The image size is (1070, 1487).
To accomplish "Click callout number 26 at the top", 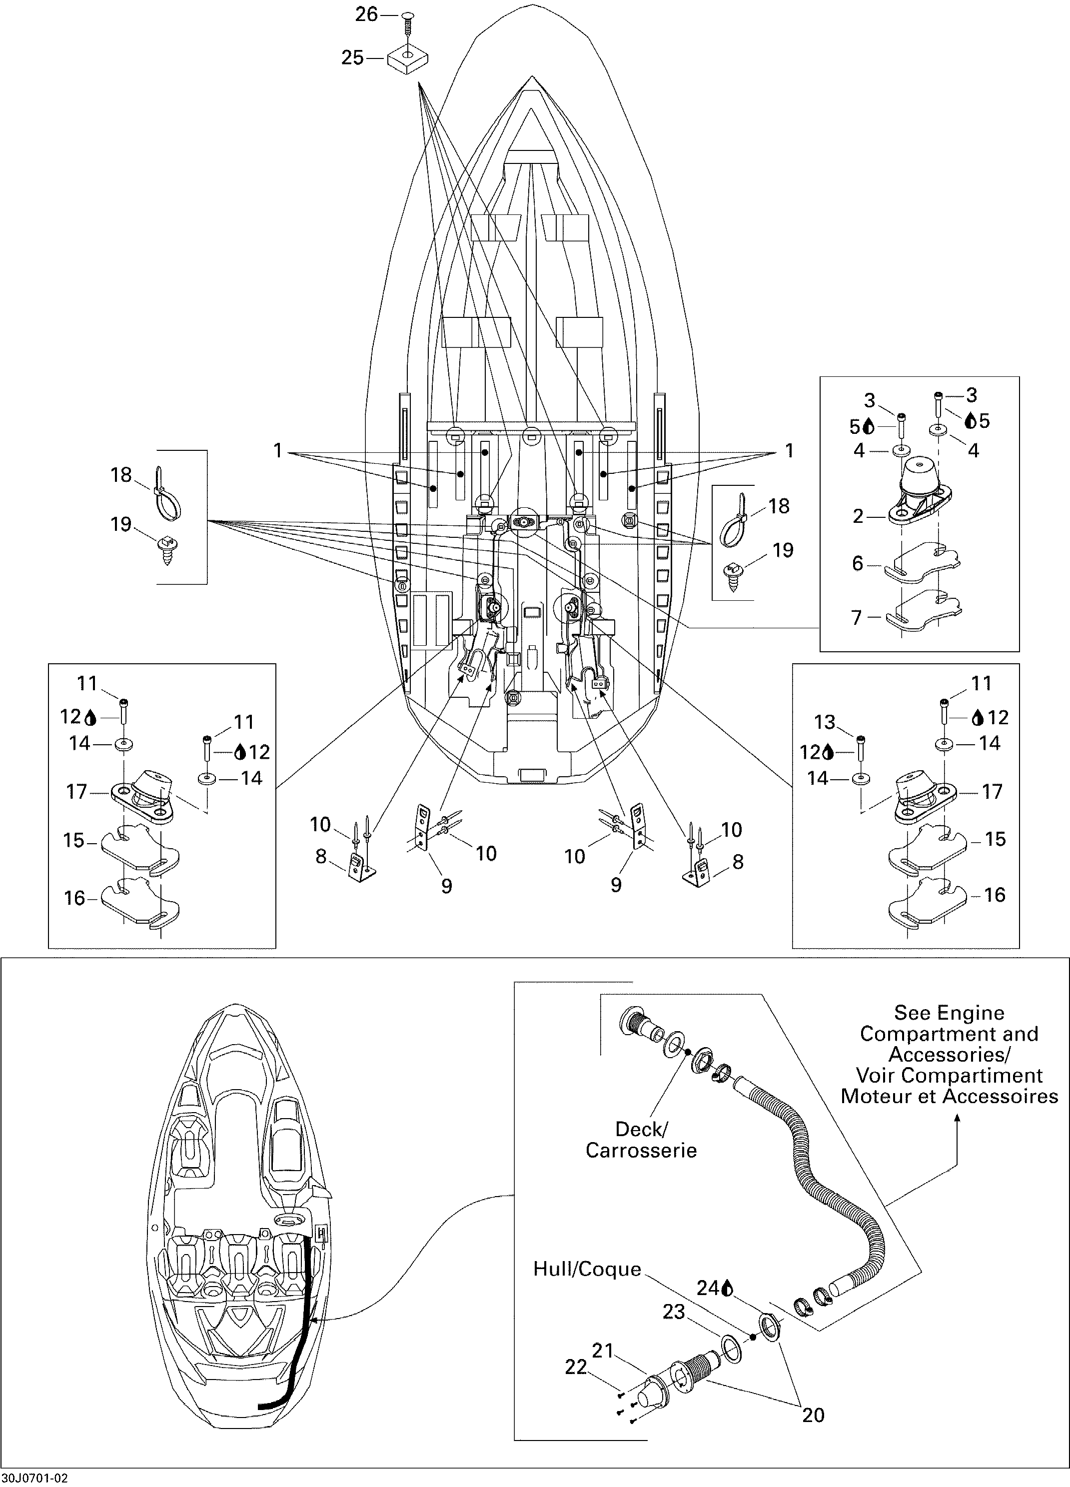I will point(366,14).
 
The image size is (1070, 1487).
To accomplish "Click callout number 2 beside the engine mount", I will point(858,516).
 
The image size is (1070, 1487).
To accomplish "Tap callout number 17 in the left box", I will point(76,792).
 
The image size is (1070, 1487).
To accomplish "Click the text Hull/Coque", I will point(586,1268).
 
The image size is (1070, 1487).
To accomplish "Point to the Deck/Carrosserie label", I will point(641,1140).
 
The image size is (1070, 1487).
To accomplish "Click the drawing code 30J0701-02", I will point(34,1478).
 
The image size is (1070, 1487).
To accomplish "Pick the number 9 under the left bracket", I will point(446,886).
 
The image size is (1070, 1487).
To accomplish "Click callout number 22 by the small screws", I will point(576,1367).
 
